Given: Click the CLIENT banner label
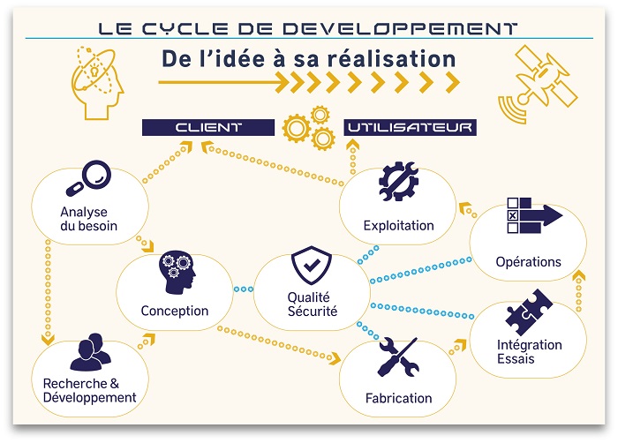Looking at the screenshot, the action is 208,127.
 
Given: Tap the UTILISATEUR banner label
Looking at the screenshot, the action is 410,127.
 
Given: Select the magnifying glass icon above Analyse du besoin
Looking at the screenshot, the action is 88,177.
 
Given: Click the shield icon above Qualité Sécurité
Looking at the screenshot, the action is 312,265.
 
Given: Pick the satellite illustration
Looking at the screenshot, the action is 538,84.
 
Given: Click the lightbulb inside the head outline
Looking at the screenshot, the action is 94,71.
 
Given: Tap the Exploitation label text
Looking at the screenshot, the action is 398,226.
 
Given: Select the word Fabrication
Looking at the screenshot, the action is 398,398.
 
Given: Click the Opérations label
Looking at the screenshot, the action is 528,262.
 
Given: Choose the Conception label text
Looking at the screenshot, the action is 175,311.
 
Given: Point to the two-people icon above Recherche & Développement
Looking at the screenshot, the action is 91,352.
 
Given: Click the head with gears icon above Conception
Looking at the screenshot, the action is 177,272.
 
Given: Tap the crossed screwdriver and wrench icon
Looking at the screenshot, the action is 398,357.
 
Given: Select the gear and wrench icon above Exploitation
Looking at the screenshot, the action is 398,181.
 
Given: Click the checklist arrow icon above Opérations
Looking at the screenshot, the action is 534,215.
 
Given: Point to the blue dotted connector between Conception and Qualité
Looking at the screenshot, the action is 243,289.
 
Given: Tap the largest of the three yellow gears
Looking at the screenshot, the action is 297,128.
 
